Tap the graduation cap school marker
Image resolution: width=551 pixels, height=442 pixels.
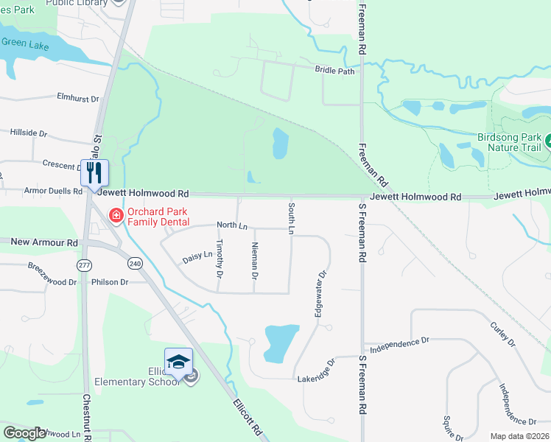coord(178,361)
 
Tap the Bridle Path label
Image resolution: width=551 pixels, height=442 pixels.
coord(334,71)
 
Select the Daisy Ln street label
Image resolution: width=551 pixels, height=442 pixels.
coord(197,256)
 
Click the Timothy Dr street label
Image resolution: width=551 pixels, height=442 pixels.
coord(220,259)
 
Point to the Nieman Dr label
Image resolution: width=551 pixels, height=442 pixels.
coord(254,262)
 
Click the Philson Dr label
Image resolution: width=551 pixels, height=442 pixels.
coord(110,282)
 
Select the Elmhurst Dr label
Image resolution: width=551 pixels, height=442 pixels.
coord(77,97)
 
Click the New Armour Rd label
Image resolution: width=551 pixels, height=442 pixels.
coord(44,242)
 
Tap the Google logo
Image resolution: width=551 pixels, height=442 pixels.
coord(25,433)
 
